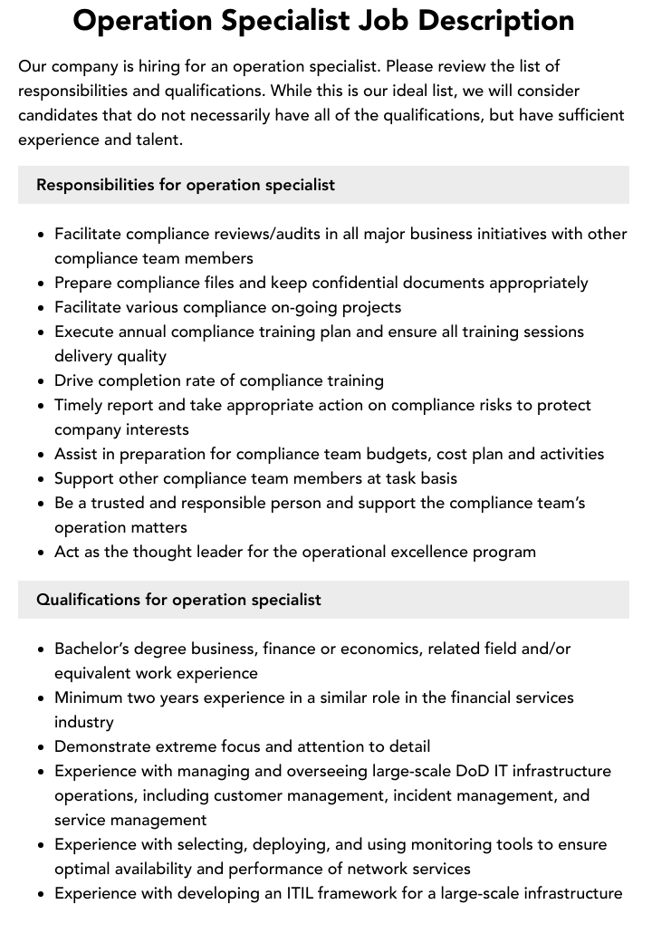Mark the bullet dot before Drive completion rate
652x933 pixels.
coord(42,380)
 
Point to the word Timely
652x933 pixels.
coord(79,405)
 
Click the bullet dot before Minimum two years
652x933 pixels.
coord(42,697)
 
